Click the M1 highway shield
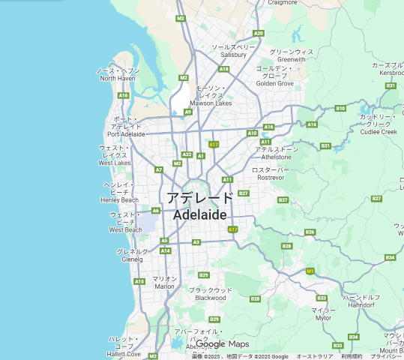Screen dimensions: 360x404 pyautogui.click(x=310, y=271)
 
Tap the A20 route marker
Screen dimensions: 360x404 pyautogui.click(x=259, y=33)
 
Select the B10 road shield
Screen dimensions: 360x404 pyautogui.click(x=340, y=108)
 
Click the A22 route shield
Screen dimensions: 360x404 pyautogui.click(x=187, y=154)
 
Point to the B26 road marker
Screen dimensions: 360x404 pyautogui.click(x=310, y=232)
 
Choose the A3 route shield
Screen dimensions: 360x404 pyautogui.click(x=196, y=242)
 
